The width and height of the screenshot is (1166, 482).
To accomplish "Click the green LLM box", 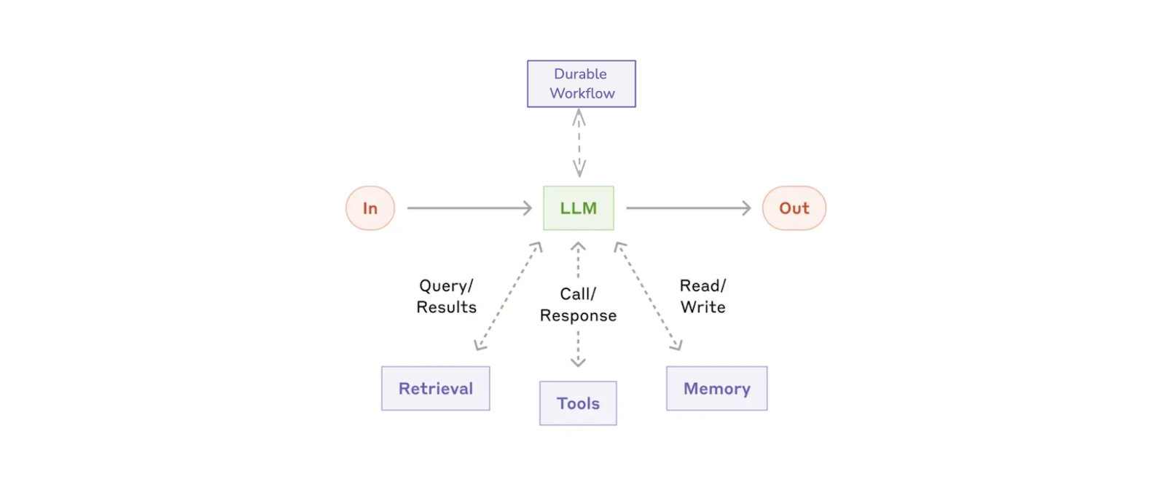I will pos(579,208).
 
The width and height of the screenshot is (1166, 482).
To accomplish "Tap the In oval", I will pos(370,208).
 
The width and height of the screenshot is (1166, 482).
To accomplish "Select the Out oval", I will pos(794,208).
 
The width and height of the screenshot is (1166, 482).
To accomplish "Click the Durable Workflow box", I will pos(582,84).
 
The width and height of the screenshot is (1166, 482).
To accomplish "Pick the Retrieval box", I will pos(436,389).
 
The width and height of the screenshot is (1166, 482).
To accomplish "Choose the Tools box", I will pos(578,403).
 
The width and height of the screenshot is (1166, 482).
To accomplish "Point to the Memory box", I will pos(716,389).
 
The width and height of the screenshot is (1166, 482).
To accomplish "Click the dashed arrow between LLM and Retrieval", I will pos(508,296).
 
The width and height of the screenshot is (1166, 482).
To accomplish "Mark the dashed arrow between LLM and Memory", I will pos(648,296).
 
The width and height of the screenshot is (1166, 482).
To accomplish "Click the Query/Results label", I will pos(446,296).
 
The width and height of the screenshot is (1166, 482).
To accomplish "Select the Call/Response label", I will pos(578,304).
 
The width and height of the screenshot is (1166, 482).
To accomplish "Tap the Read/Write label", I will pos(703,296).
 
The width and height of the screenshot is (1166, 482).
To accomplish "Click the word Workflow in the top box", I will pos(582,94).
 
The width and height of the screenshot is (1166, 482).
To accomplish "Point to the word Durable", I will pos(580,74).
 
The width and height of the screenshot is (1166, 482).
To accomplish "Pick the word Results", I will pos(446,307).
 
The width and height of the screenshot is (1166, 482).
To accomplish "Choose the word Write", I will pos(703,307).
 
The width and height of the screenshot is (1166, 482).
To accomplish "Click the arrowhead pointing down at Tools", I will pos(578,362).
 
